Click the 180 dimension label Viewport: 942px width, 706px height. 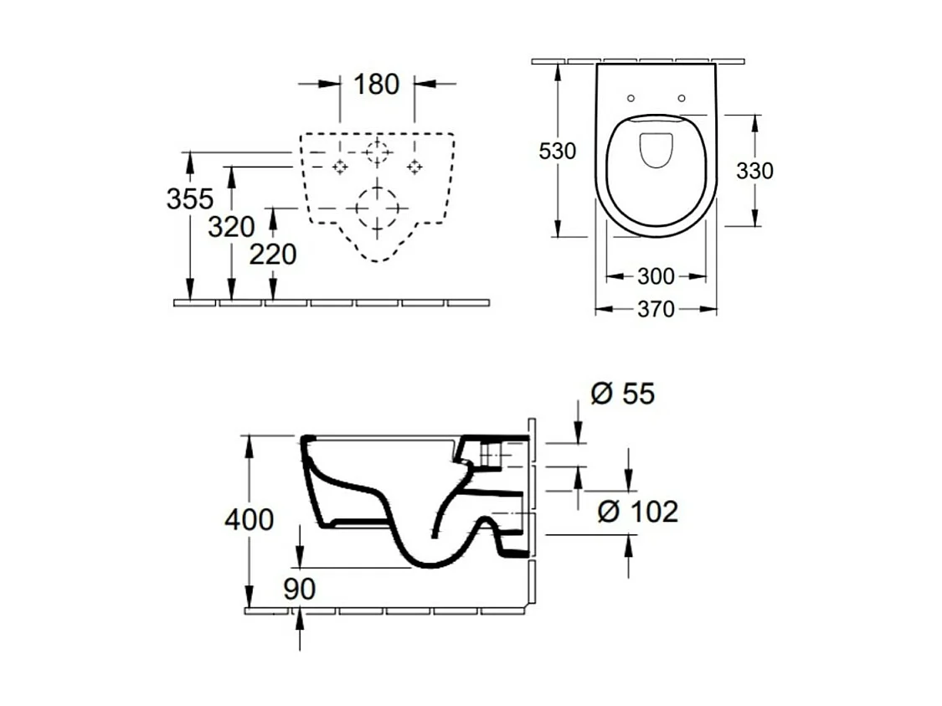[x=376, y=84]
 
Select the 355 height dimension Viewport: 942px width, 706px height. [x=190, y=198]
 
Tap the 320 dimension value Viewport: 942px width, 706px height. [x=231, y=226]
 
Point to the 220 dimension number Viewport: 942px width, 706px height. [x=273, y=254]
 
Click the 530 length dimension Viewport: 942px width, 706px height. [x=557, y=152]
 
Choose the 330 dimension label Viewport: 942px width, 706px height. [x=754, y=171]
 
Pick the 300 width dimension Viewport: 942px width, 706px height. [x=656, y=276]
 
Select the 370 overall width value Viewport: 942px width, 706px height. [x=656, y=309]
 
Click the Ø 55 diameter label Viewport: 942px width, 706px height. [x=622, y=394]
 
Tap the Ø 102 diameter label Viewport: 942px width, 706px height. [x=637, y=511]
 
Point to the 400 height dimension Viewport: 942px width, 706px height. [x=249, y=519]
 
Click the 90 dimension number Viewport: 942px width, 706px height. [x=299, y=589]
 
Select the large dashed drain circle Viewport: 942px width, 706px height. [x=377, y=206]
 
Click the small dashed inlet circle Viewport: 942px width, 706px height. [x=377, y=152]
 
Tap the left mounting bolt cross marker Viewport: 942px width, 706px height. [x=340, y=167]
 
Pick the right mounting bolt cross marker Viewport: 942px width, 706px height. [x=414, y=167]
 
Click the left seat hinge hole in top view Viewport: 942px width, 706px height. [x=631, y=98]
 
